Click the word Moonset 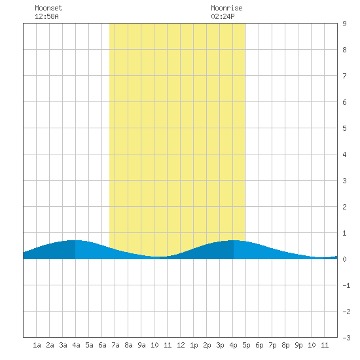point(48,8)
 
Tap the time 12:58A point(46,16)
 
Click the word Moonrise point(226,8)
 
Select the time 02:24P point(223,16)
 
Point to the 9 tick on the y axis point(344,24)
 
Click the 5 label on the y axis point(344,128)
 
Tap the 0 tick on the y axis point(344,259)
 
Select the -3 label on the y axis point(346,338)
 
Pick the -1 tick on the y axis point(346,285)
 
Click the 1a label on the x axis point(37,345)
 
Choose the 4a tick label point(76,345)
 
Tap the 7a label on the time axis point(115,345)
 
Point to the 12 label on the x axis point(181,345)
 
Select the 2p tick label point(207,345)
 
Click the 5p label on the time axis point(246,345)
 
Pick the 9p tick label point(298,345)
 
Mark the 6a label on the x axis point(102,345)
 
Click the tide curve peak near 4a point(75,240)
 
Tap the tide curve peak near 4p point(234,240)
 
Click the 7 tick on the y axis point(344,76)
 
